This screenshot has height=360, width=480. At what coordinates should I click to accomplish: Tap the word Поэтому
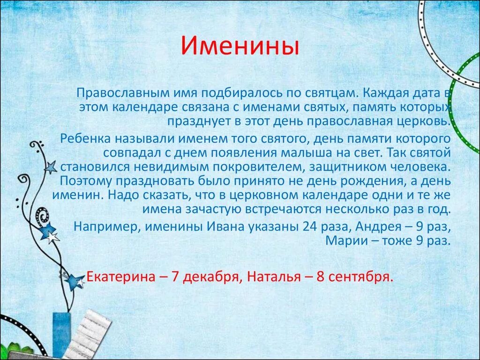[x=88, y=181]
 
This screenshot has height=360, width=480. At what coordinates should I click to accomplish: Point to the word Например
[x=107, y=226]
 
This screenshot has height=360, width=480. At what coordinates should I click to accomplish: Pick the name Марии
[x=343, y=241]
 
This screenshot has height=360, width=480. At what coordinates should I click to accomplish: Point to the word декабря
[x=211, y=277]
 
